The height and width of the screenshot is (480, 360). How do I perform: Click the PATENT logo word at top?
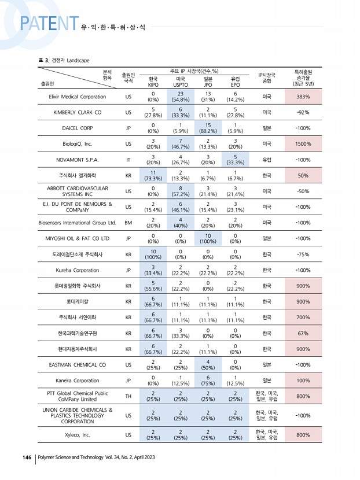(x=49, y=23)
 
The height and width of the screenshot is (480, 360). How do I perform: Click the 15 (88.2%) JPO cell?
(x=208, y=128)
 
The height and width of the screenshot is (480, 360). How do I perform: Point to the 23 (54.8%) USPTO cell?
(x=181, y=97)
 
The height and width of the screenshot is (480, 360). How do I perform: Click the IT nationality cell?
(x=128, y=159)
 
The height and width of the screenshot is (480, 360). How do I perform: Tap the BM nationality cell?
(x=128, y=222)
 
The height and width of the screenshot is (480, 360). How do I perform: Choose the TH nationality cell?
(x=128, y=397)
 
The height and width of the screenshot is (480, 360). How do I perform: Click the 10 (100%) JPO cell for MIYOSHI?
(x=208, y=238)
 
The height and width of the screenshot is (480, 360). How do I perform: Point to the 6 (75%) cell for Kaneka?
(x=208, y=381)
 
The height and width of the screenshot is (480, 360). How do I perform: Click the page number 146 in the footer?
(x=27, y=457)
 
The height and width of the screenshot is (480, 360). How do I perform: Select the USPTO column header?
(x=181, y=82)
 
